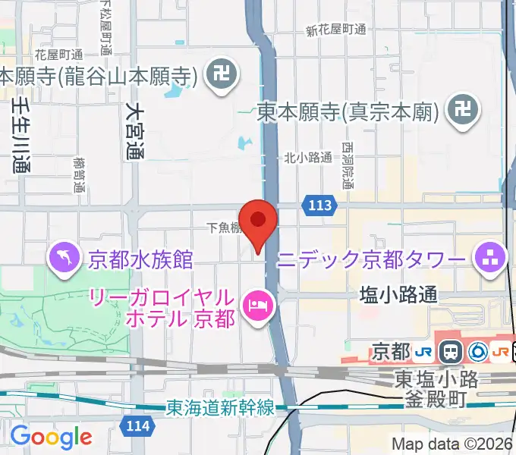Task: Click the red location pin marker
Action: click(x=258, y=221)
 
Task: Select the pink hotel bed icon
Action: click(x=256, y=306)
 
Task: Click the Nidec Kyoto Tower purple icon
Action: click(x=490, y=259)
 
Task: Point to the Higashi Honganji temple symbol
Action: click(x=461, y=112)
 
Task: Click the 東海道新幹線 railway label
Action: click(x=220, y=408)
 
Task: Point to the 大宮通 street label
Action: click(x=135, y=132)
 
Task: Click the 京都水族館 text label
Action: click(x=140, y=259)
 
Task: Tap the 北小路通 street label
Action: click(x=308, y=158)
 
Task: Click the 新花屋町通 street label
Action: click(x=336, y=30)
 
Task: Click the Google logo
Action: click(x=52, y=437)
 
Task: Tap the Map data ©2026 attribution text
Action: click(x=452, y=444)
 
